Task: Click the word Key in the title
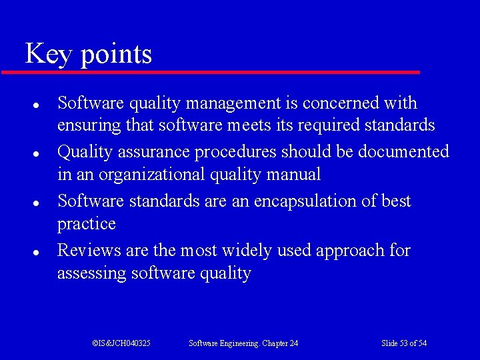coord(47,54)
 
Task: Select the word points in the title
coord(116,55)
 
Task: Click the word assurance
coord(153,152)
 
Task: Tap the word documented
coord(403,152)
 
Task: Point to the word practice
coord(86,224)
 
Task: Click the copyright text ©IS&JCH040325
coord(121,343)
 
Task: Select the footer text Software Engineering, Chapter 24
coord(243,343)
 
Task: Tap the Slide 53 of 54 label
coord(404,343)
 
